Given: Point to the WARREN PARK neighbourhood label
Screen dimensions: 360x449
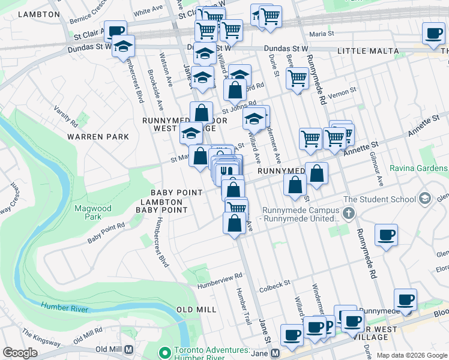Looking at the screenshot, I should (x=98, y=137).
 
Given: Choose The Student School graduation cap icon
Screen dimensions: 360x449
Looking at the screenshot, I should (x=425, y=199).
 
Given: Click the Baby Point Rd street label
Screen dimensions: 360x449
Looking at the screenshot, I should (x=106, y=232).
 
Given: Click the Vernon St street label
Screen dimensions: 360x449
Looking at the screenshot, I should (x=345, y=90).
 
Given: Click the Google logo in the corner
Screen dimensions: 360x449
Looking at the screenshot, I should (x=20, y=353).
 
